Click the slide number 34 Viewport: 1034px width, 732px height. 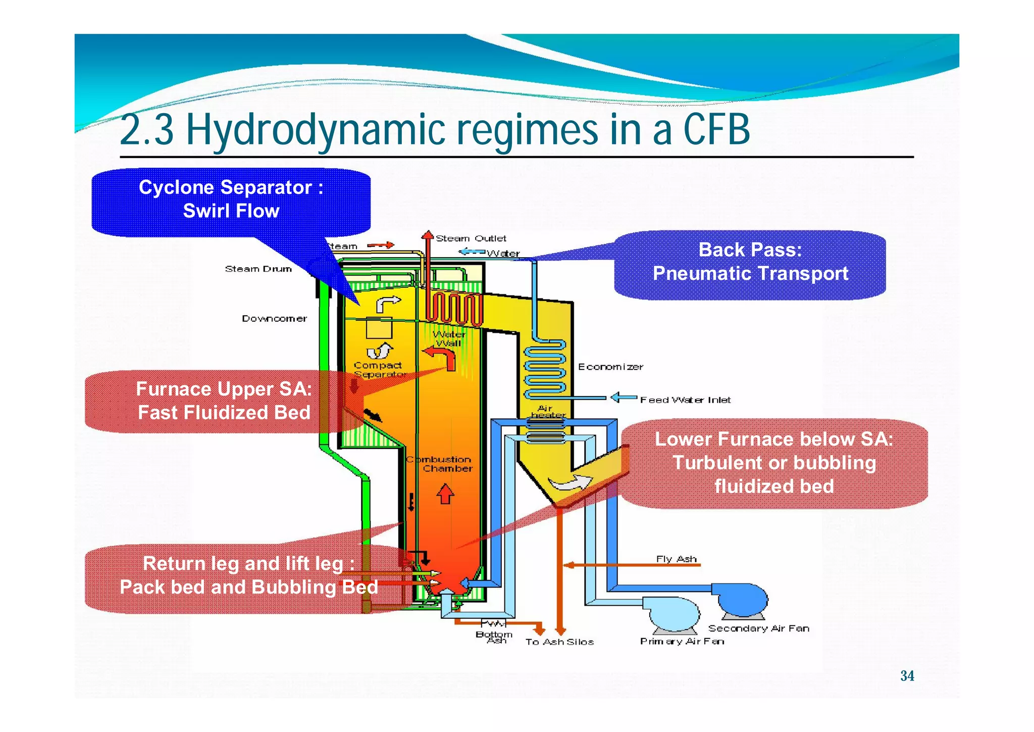tap(907, 675)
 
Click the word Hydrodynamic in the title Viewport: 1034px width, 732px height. tap(315, 130)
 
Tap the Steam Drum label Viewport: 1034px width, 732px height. tap(258, 269)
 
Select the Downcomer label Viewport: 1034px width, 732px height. tap(274, 318)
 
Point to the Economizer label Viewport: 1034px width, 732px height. tap(610, 367)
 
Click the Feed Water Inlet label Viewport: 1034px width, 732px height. tap(685, 400)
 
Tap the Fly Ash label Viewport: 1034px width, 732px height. tap(676, 558)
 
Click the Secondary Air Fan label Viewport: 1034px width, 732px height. tap(758, 628)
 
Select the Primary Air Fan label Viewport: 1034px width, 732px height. tap(682, 641)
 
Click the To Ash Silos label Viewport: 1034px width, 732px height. tap(559, 642)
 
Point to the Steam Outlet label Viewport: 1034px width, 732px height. tap(471, 238)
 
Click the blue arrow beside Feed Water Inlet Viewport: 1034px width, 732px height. tap(624, 398)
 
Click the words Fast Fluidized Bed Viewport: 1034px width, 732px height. tap(224, 412)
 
